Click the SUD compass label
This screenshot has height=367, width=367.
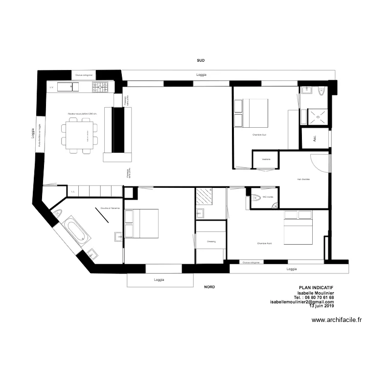pos(201,60)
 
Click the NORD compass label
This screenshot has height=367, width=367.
pos(209,287)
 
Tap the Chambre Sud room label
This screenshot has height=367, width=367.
pos(259,135)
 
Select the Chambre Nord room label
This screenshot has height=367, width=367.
pos(264,243)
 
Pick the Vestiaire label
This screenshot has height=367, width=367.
pos(266,160)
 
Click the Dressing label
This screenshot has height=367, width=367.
pos(211,241)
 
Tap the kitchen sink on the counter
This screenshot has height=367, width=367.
pos(68,87)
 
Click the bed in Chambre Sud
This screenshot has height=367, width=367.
pos(252,113)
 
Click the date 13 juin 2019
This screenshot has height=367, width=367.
pos(321,306)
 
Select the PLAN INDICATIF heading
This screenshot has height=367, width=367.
pos(316,288)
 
